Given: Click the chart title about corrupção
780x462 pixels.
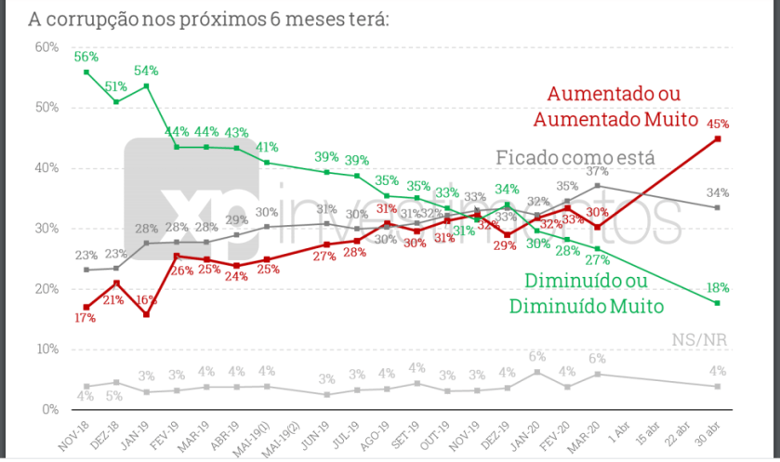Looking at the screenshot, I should (195, 19).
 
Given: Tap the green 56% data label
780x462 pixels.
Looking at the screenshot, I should (86, 57).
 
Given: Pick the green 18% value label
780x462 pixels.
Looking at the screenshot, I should (717, 287).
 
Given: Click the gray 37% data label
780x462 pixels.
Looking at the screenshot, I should (597, 172).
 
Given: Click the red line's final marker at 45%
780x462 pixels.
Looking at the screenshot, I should (718, 139).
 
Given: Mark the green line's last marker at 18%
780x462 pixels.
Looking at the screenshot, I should (718, 303).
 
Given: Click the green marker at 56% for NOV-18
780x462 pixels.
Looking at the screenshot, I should (86, 72).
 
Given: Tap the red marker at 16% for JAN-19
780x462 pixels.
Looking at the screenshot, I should (147, 314).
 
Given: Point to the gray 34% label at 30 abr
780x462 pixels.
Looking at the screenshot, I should (717, 192).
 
